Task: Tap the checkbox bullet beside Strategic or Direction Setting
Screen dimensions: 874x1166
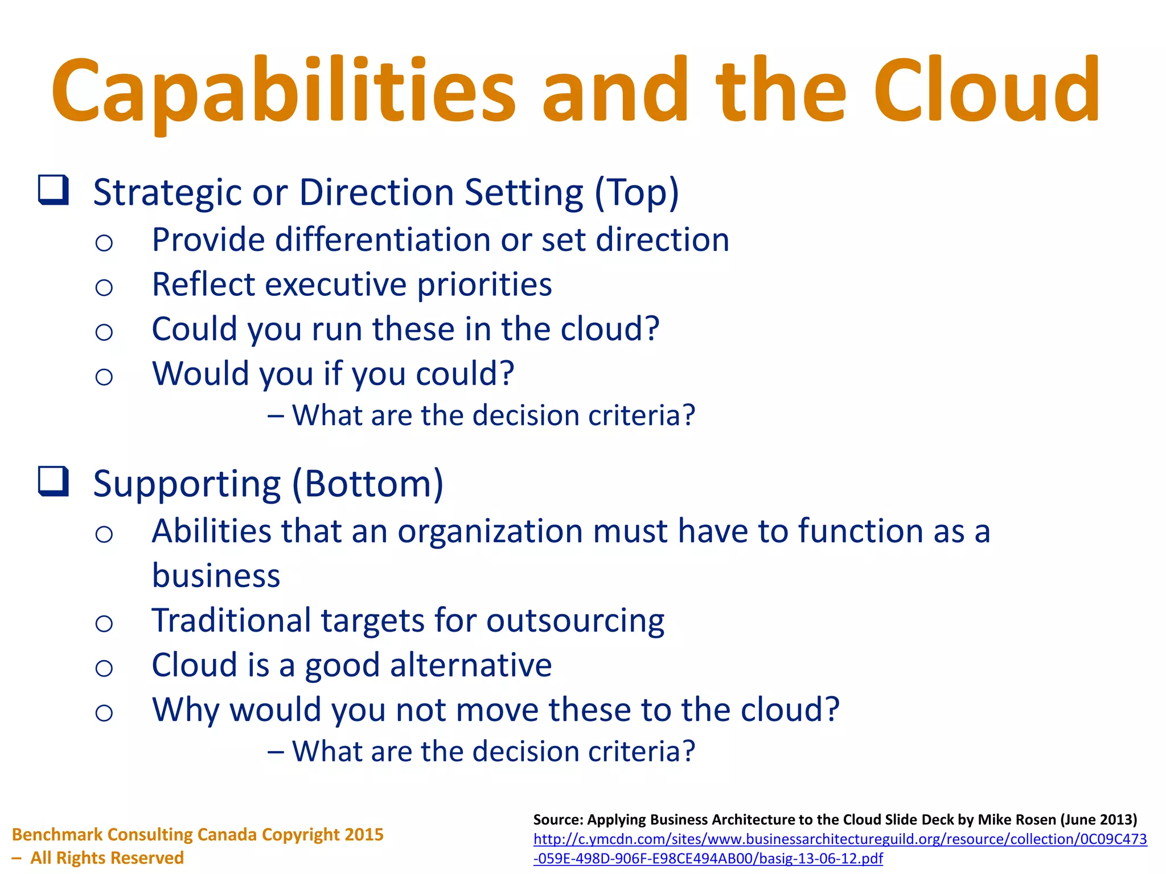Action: point(54,190)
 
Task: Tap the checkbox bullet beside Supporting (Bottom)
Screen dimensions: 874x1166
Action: point(54,481)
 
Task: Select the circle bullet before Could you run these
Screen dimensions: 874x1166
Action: point(104,332)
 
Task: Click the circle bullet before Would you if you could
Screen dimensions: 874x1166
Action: point(104,376)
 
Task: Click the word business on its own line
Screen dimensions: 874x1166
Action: point(216,575)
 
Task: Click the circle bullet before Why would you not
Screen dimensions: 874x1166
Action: point(104,712)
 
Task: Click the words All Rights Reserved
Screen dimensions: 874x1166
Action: point(106,857)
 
